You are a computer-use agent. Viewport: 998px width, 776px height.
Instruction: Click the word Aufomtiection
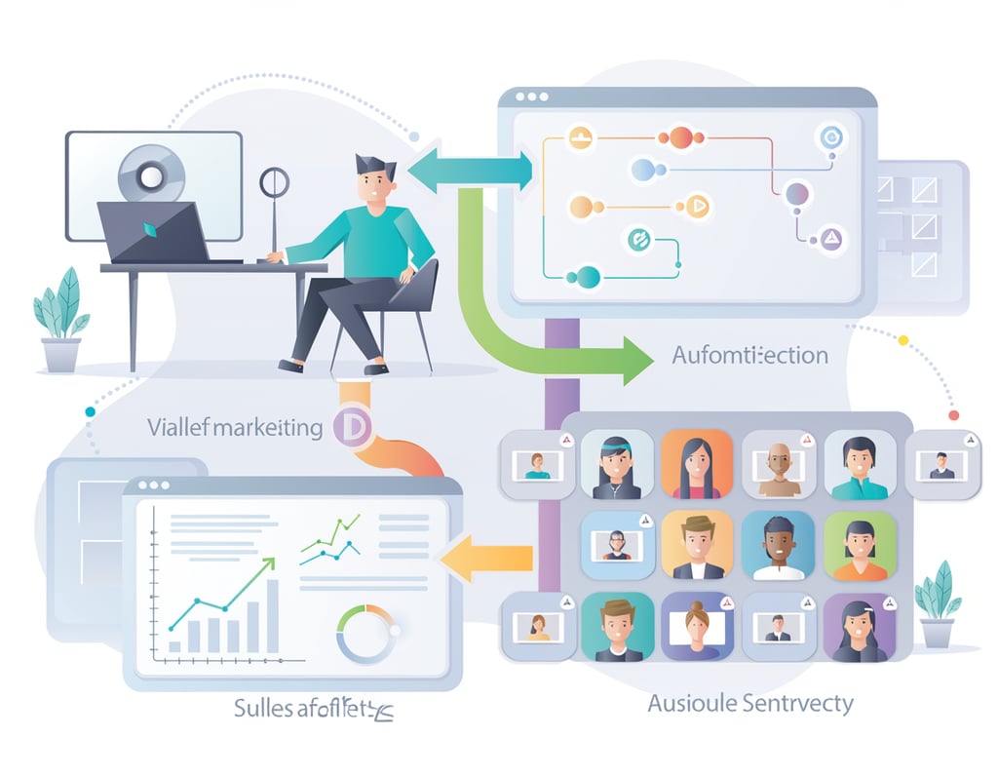click(x=749, y=355)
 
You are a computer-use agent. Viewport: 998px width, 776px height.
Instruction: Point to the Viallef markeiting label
click(x=235, y=427)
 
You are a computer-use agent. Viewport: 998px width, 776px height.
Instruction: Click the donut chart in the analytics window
click(x=365, y=633)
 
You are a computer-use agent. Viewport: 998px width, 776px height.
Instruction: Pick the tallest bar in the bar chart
click(x=272, y=615)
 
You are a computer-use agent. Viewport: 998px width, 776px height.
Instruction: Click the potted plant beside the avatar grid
click(x=937, y=604)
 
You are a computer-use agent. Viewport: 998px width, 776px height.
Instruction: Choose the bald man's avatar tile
click(x=778, y=464)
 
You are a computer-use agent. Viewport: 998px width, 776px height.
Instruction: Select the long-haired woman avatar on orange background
click(x=696, y=464)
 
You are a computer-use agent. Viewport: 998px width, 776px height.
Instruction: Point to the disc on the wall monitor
click(x=151, y=175)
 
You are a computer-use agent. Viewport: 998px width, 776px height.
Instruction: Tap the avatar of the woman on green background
click(x=859, y=546)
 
